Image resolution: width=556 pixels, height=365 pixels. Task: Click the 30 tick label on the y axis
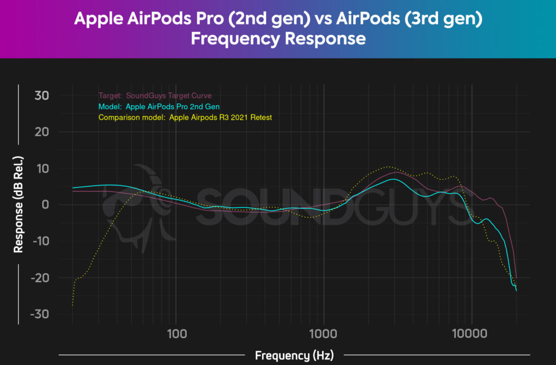click(42, 96)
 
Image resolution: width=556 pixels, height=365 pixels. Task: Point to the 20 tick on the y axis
click(42, 132)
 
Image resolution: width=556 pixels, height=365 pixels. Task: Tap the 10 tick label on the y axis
click(42, 169)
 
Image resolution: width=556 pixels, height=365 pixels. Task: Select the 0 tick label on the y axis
click(46, 205)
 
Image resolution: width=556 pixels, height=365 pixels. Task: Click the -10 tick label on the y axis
click(39, 241)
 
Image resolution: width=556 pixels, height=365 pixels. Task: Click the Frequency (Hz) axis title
click(294, 355)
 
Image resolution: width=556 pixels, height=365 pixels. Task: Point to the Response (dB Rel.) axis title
click(19, 204)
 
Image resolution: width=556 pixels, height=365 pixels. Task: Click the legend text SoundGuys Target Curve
click(168, 96)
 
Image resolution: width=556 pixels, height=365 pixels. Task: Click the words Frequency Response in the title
click(278, 39)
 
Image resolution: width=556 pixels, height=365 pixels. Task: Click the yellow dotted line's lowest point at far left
click(73, 305)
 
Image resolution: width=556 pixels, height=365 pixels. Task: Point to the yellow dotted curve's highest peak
click(389, 166)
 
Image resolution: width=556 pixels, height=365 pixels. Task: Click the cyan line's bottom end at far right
click(516, 290)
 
